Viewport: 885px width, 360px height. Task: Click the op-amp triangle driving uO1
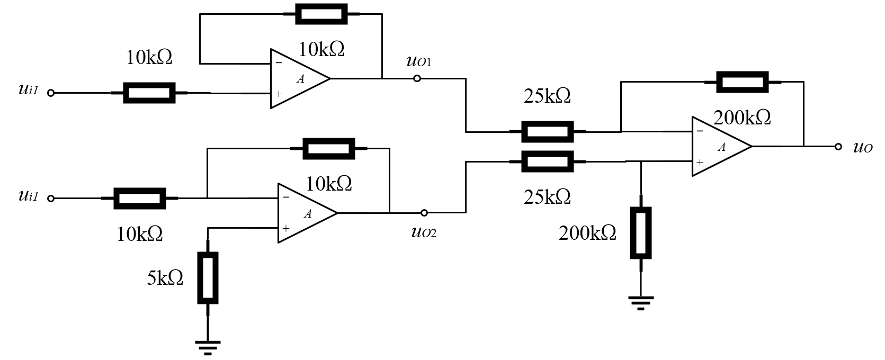299,78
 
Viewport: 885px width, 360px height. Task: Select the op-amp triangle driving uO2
307,213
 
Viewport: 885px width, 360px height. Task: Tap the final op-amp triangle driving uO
721,147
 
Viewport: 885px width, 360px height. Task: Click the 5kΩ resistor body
208,278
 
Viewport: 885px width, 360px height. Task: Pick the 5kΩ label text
165,278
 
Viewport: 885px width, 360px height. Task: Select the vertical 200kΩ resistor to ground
641,233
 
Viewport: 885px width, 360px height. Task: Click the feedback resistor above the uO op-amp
743,82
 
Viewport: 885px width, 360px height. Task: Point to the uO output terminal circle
838,147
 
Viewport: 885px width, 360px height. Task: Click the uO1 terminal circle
417,78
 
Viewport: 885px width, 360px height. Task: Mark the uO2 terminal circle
424,213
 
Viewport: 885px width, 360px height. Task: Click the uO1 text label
419,61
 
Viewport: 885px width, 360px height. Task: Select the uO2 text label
424,232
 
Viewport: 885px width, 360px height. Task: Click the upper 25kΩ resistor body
548,132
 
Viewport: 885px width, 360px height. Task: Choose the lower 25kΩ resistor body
548,161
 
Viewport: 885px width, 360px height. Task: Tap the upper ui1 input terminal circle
50,93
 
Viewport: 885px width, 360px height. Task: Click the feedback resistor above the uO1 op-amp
321,14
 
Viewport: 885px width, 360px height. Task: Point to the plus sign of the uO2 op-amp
285,228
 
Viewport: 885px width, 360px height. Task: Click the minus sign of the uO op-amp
700,131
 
